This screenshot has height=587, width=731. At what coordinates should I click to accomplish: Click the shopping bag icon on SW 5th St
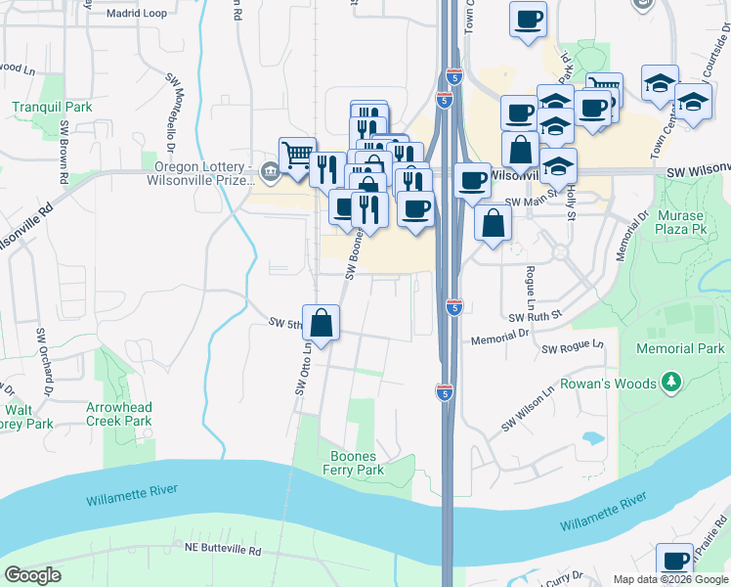pos(322,321)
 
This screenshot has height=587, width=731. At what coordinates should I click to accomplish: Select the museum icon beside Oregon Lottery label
pos(270,172)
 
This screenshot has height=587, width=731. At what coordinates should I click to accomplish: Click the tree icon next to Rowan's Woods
pos(670,381)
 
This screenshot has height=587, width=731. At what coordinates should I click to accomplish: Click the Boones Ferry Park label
pos(354,463)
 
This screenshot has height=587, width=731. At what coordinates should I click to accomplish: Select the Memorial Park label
pos(680,348)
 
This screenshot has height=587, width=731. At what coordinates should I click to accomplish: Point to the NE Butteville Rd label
pos(224,551)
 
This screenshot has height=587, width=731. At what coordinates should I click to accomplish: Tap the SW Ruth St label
pos(537,316)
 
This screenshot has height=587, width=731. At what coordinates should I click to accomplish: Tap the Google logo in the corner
pos(32,575)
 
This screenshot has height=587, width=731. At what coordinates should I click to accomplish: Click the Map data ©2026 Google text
pos(670,579)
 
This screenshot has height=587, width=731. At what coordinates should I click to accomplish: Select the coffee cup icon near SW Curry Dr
pos(673,561)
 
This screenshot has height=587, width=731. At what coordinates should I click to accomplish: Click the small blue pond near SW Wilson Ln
pos(592,438)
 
